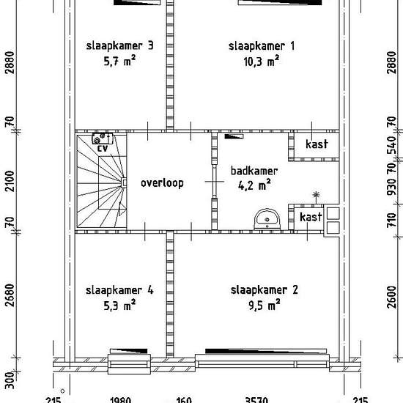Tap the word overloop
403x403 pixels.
click(x=162, y=182)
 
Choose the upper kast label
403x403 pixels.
click(x=316, y=144)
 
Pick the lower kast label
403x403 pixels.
click(x=311, y=218)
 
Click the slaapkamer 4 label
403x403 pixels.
click(x=119, y=290)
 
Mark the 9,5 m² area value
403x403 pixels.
click(x=264, y=306)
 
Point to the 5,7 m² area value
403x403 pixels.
click(x=119, y=63)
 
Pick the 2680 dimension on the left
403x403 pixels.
click(x=10, y=296)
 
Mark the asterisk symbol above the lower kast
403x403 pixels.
click(x=316, y=195)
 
